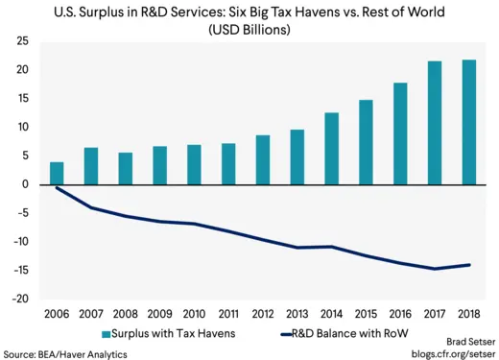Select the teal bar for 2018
470,123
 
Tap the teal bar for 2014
332,149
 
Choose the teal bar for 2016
401,133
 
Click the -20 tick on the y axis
18,299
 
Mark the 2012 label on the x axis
263,312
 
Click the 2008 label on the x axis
126,312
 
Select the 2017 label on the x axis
436,312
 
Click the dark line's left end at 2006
57,188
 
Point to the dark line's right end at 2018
470,265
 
